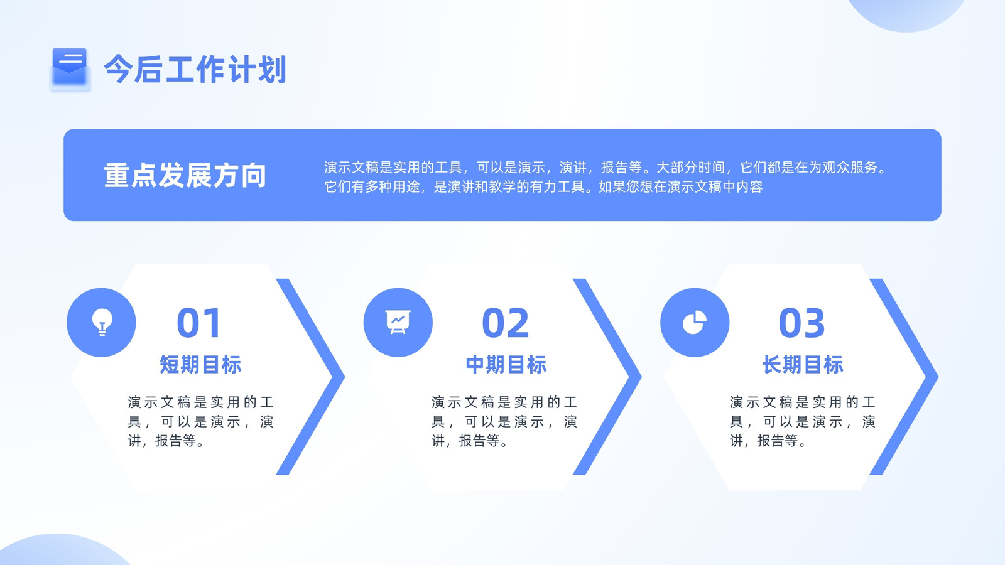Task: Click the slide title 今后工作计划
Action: point(195,69)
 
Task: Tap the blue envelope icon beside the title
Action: point(70,68)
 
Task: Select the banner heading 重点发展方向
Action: point(185,175)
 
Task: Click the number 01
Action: point(198,323)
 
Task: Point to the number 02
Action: point(506,323)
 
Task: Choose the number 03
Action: point(801,323)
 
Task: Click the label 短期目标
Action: point(200,364)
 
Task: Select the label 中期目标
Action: point(506,364)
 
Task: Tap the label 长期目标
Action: point(803,364)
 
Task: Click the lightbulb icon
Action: point(102,322)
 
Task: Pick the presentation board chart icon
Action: point(398,322)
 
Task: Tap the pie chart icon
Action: point(695,322)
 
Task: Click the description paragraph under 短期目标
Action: point(200,421)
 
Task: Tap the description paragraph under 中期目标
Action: point(504,421)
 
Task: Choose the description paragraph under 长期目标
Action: point(803,421)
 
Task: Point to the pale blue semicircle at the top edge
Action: point(906,13)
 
